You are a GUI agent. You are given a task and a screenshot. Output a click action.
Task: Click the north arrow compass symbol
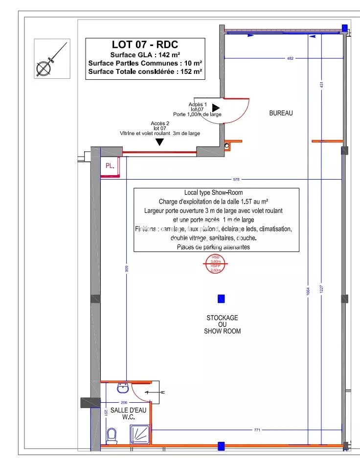[51, 58]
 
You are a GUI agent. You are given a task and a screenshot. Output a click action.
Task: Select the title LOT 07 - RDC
[145, 46]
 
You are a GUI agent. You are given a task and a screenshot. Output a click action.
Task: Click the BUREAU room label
[281, 113]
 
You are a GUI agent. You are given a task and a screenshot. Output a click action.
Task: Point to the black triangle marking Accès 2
[159, 142]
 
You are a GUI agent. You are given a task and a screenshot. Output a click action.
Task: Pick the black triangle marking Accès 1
[216, 108]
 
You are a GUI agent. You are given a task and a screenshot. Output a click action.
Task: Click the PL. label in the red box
[110, 166]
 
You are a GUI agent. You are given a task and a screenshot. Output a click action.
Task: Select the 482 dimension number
[290, 59]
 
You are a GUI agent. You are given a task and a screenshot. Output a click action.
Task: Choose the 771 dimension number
[257, 430]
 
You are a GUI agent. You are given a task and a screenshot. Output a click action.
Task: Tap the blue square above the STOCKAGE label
[221, 298]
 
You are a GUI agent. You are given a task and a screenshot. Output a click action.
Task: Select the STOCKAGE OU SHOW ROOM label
[222, 324]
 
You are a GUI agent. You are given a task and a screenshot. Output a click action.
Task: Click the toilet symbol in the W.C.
[112, 435]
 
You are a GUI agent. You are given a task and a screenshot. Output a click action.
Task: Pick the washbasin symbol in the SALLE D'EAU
[122, 389]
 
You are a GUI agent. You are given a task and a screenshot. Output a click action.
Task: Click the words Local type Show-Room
[213, 192]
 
